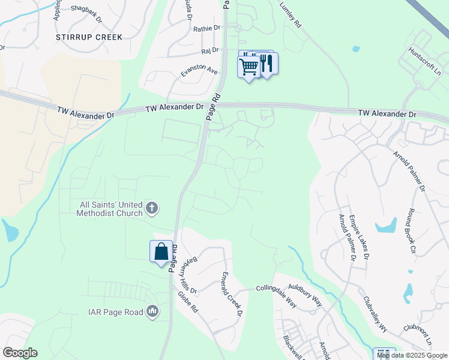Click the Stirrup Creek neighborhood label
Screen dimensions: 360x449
tap(89, 37)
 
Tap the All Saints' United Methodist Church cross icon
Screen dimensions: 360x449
tap(152, 209)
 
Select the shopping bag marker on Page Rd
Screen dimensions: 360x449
tap(161, 251)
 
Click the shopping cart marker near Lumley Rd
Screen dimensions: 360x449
tap(249, 65)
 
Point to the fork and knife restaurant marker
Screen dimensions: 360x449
tap(267, 64)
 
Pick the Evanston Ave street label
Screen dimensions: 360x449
tap(199, 70)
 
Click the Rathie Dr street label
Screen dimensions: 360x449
tap(208, 28)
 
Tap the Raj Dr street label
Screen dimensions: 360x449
tap(209, 51)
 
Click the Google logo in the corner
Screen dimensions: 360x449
tap(20, 353)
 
